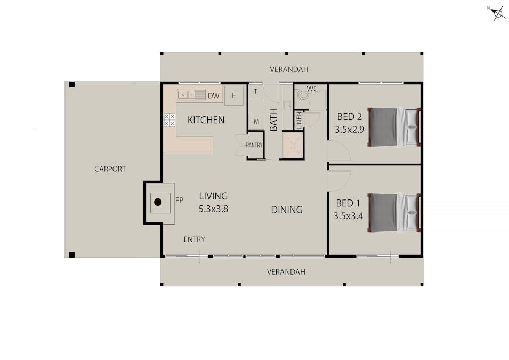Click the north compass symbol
497,13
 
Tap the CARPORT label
110,169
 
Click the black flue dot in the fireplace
158,202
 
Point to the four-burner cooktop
169,119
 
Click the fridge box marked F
234,95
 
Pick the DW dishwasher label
213,96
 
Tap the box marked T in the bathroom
255,92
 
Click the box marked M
256,122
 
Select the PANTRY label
254,145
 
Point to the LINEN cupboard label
299,120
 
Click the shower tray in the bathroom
293,146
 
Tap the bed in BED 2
394,127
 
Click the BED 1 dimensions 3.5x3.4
348,216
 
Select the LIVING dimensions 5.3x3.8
213,209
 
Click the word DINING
287,210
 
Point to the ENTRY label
194,239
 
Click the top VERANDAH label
289,69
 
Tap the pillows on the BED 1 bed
411,213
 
